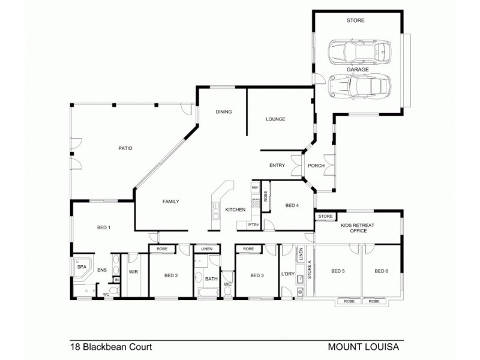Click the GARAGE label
click(x=357, y=69)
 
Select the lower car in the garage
click(x=359, y=86)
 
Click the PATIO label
click(x=125, y=148)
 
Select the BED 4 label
click(x=292, y=206)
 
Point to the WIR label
click(x=133, y=271)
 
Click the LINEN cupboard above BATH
click(x=206, y=248)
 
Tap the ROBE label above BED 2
click(x=162, y=248)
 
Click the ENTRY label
click(x=277, y=166)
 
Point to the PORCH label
click(x=316, y=166)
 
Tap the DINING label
click(x=224, y=112)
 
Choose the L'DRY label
click(x=287, y=275)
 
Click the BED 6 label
click(x=382, y=271)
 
